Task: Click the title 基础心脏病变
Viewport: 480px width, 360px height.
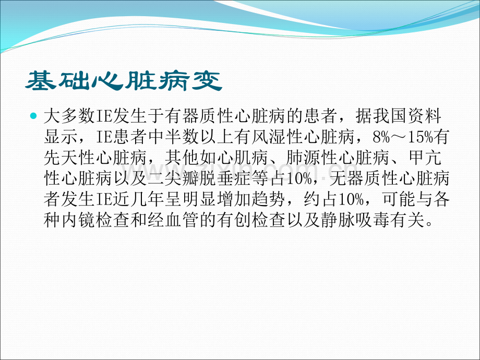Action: [x=124, y=81]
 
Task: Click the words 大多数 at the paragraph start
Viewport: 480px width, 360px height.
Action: [x=69, y=116]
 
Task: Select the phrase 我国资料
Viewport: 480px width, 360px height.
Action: [x=407, y=116]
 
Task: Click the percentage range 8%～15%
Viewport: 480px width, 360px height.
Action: [x=403, y=137]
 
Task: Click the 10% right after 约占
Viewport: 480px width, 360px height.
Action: [x=351, y=199]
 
